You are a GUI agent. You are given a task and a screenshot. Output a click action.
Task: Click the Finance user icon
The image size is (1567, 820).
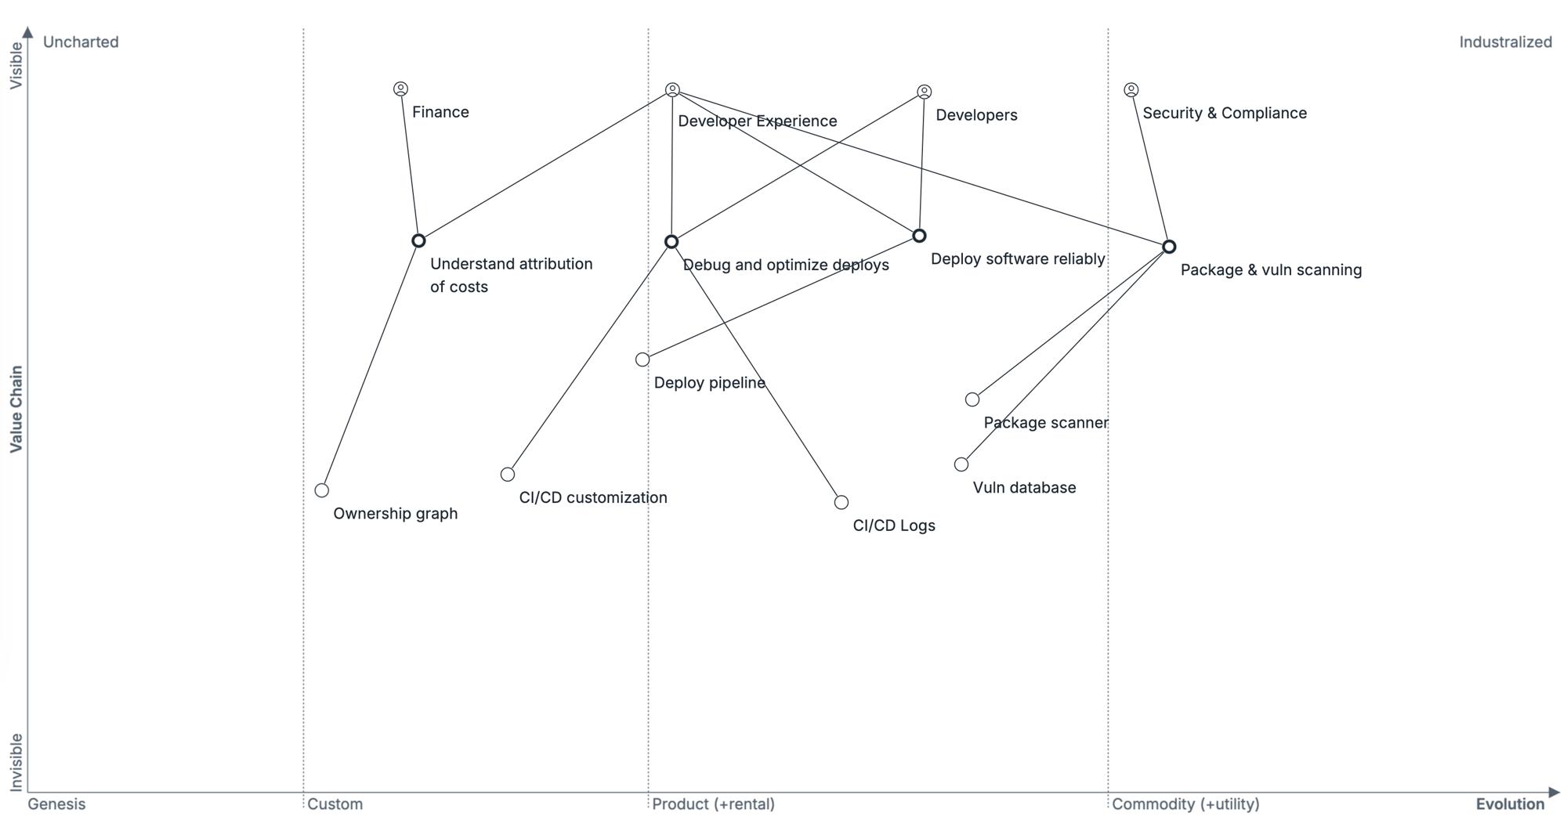pyautogui.click(x=400, y=89)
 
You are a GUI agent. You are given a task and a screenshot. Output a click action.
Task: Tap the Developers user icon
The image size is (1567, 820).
pyautogui.click(x=925, y=92)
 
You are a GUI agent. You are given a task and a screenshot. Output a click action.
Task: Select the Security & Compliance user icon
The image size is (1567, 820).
pyautogui.click(x=1131, y=90)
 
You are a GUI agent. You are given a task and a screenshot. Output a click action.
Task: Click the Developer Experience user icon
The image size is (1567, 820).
pyautogui.click(x=672, y=90)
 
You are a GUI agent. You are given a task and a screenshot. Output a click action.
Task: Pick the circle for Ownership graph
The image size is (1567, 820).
pyautogui.click(x=322, y=490)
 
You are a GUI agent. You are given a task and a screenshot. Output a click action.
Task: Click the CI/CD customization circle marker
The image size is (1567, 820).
pyautogui.click(x=508, y=475)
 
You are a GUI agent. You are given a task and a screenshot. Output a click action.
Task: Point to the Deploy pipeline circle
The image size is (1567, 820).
pyautogui.click(x=642, y=359)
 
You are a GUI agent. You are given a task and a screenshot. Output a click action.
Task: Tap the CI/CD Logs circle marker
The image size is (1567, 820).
pyautogui.click(x=841, y=502)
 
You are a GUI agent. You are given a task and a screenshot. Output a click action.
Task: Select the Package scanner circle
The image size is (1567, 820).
pyautogui.click(x=972, y=399)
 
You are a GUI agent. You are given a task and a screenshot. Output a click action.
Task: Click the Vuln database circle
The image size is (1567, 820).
pyautogui.click(x=961, y=464)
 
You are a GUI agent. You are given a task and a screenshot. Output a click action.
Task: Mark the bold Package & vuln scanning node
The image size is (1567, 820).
pyautogui.click(x=1169, y=247)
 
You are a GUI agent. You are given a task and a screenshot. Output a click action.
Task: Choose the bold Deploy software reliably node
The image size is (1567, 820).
pyautogui.click(x=920, y=236)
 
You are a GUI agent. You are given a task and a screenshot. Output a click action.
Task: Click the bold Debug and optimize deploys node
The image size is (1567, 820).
pyautogui.click(x=671, y=242)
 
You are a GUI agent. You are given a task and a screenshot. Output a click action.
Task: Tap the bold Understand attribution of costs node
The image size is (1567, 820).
pyautogui.click(x=419, y=240)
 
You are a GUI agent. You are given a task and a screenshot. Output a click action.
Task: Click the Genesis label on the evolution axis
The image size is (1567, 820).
pyautogui.click(x=56, y=804)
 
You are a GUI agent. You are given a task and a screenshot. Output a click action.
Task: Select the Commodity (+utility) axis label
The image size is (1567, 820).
pyautogui.click(x=1185, y=804)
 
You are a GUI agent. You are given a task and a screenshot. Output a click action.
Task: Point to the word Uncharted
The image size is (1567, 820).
pyautogui.click(x=81, y=42)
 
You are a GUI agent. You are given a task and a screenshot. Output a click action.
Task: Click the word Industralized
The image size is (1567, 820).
pyautogui.click(x=1505, y=42)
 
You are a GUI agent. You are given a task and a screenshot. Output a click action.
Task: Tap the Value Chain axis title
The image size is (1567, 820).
pyautogui.click(x=16, y=409)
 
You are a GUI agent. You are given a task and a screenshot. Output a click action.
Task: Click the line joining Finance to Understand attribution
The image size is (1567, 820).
pyautogui.click(x=410, y=164)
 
